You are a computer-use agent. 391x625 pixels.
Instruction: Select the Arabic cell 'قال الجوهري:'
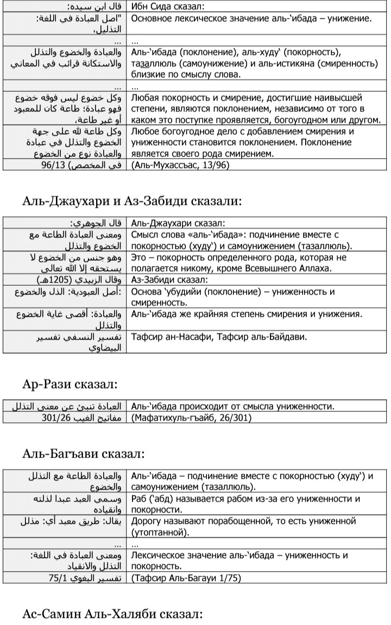tap(98, 223)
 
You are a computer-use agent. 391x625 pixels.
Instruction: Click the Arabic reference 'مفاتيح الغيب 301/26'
tap(84, 418)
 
